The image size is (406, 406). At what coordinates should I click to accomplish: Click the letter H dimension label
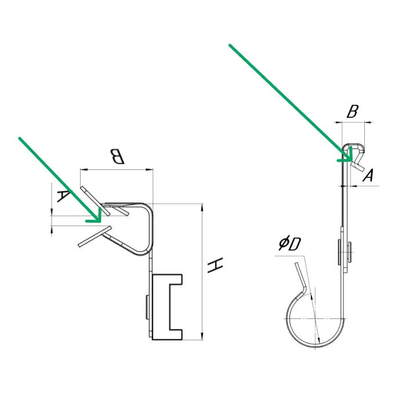coord(215,265)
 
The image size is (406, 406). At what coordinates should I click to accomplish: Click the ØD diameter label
coord(289,244)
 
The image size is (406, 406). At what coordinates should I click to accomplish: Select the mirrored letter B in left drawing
coord(117,157)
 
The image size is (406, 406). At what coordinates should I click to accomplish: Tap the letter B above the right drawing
coord(353,111)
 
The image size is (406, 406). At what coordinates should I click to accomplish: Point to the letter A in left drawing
coord(63,196)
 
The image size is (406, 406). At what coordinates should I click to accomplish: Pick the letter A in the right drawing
coord(368,175)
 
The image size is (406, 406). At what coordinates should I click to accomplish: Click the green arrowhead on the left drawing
coord(94,216)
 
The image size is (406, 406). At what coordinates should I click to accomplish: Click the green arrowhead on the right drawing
coord(346,155)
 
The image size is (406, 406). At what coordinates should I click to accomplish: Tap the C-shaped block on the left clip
coord(167,307)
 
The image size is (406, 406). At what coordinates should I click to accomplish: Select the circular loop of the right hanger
coord(316,346)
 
